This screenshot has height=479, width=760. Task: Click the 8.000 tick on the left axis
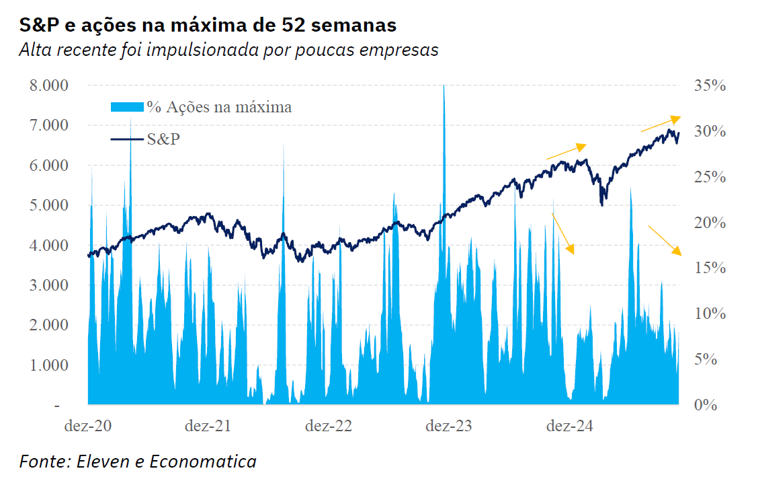(x=48, y=85)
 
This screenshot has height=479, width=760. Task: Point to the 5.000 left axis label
(x=48, y=205)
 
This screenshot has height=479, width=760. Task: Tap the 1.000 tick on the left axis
(x=48, y=365)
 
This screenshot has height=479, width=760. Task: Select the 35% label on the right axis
(x=710, y=85)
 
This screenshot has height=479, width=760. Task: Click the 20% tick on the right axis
(x=710, y=223)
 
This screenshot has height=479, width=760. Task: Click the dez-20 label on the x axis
(x=88, y=426)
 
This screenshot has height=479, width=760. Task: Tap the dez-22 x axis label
(x=329, y=426)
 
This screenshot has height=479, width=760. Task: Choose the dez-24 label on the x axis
(x=569, y=426)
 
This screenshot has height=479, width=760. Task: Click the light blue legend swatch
(x=126, y=106)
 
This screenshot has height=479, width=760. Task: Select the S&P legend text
(x=163, y=139)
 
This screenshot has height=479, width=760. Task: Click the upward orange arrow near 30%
(x=660, y=124)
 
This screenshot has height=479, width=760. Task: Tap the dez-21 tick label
(x=208, y=426)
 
